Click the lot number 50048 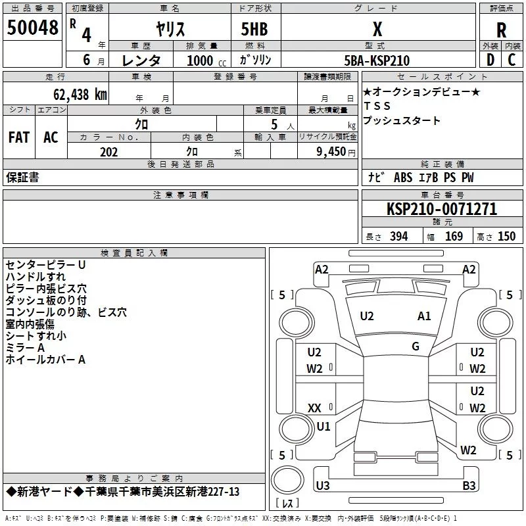click(32, 28)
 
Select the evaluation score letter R click(501, 30)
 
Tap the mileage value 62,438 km click(80, 95)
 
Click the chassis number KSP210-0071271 click(442, 208)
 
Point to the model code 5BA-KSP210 click(377, 60)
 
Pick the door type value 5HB click(254, 29)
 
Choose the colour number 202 click(108, 152)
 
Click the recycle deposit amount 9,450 click(331, 151)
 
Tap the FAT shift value click(19, 137)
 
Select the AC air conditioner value click(51, 137)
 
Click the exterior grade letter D click(490, 60)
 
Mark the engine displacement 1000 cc click(206, 60)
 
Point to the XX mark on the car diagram click(314, 408)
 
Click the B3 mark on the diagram click(469, 485)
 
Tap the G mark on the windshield click(416, 347)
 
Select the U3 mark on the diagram click(323, 485)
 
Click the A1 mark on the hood click(424, 316)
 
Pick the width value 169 click(454, 236)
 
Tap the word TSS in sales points click(377, 106)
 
